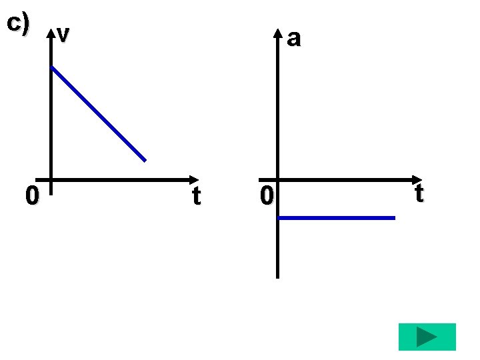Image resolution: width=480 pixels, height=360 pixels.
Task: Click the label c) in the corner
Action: [x=18, y=23]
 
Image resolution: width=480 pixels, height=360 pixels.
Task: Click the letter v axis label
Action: [x=63, y=33]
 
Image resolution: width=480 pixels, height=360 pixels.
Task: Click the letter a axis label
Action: [x=293, y=39]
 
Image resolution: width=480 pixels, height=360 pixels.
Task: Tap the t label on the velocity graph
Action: [x=196, y=196]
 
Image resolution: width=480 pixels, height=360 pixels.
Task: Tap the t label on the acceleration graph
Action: [x=419, y=193]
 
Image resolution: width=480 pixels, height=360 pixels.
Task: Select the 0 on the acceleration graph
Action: [x=267, y=196]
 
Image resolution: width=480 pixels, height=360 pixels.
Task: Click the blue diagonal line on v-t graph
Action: [x=98, y=113]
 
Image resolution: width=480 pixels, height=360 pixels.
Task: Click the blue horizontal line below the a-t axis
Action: [x=337, y=218]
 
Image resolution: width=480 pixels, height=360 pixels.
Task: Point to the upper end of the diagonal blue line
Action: [x=52, y=67]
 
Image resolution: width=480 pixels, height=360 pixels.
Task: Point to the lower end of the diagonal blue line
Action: [x=145, y=160]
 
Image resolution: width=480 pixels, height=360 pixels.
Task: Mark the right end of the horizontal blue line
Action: [x=394, y=218]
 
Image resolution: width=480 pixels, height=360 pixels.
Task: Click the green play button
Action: [x=427, y=337]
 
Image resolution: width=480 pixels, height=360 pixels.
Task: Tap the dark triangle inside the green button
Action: [x=427, y=337]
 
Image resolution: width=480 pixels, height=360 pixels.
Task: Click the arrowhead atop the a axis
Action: [x=278, y=34]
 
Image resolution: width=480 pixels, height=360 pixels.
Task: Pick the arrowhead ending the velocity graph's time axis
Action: [x=194, y=179]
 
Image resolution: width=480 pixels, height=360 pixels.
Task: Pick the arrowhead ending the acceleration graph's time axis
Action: [x=418, y=179]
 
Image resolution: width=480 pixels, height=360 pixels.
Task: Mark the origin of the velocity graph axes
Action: [x=51, y=179]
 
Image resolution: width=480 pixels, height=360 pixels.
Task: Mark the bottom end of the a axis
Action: [x=278, y=277]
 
